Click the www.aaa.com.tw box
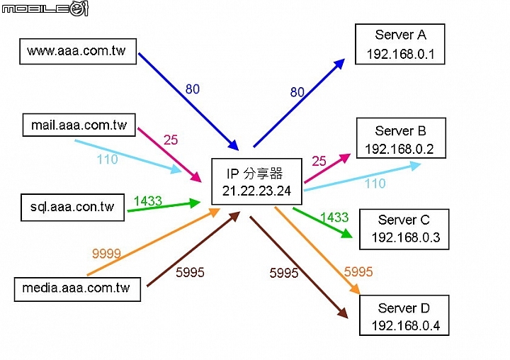[x=77, y=51]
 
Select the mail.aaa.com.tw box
[x=79, y=125]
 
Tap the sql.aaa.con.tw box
[x=72, y=207]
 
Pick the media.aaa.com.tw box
[x=76, y=288]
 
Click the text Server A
[x=400, y=35]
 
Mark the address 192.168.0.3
[x=405, y=237]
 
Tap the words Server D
[x=404, y=308]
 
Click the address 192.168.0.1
[x=400, y=54]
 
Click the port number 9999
[x=106, y=254]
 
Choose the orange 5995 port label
[x=358, y=271]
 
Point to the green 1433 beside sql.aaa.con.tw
[x=147, y=201]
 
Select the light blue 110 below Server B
[x=375, y=184]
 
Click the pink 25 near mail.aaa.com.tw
[x=171, y=140]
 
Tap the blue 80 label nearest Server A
[x=297, y=92]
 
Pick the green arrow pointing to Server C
[x=322, y=222]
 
